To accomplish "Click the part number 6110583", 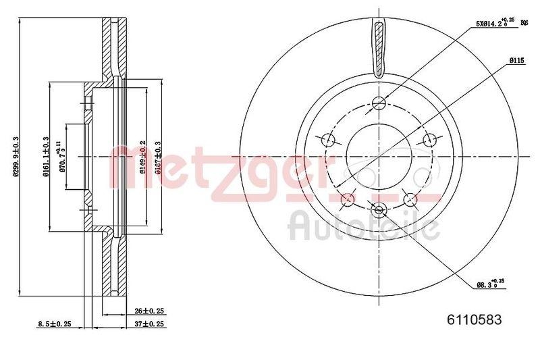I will click(x=475, y=321).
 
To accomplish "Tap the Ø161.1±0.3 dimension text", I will click(x=47, y=156).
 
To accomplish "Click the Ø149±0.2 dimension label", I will click(x=142, y=156).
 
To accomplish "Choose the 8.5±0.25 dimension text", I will click(x=55, y=324).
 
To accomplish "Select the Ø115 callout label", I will click(x=518, y=61).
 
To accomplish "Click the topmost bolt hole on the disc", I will click(x=379, y=103).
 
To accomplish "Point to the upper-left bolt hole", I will click(x=329, y=140).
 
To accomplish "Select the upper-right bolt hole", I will click(x=429, y=140).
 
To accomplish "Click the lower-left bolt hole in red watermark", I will click(x=348, y=199).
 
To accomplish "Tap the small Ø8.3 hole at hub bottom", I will click(x=379, y=208).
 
